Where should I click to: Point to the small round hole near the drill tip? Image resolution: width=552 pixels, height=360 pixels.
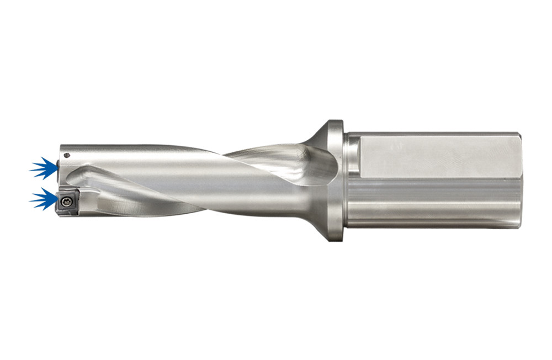(66, 156)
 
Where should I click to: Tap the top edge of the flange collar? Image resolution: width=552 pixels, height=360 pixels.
(335, 123)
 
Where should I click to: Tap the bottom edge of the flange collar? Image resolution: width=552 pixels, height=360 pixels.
(335, 238)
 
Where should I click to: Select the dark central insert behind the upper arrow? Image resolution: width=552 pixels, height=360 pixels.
(60, 168)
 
